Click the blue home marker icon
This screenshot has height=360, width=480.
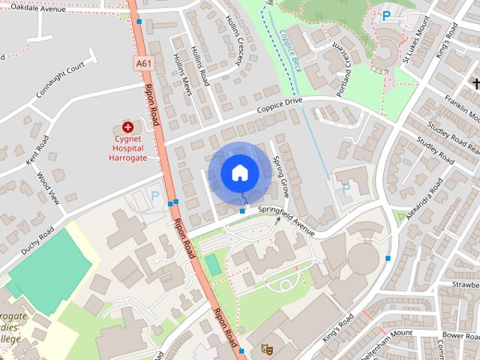(239, 173)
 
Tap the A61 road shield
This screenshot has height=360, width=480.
(145, 64)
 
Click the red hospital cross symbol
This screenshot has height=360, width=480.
(127, 127)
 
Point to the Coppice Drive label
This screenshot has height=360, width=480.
(279, 106)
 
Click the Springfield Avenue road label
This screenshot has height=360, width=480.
(286, 211)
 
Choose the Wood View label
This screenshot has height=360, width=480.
(47, 187)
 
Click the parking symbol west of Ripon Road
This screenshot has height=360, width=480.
(155, 195)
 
